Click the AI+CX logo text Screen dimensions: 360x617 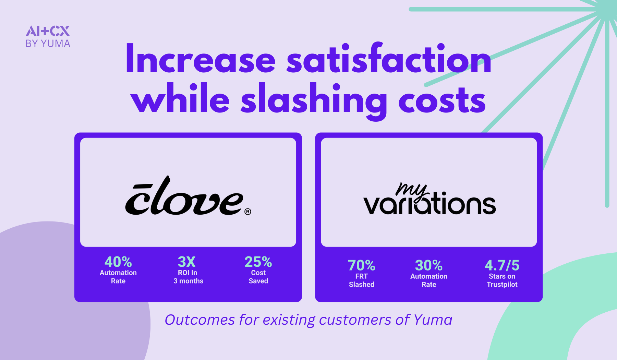[48, 31]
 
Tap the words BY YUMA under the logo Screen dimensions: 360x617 [48, 44]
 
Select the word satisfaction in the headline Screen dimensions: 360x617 [389, 59]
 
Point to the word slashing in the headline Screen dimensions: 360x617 [314, 100]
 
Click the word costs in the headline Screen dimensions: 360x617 [442, 100]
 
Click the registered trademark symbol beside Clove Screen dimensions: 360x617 [248, 212]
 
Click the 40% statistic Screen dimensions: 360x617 [118, 262]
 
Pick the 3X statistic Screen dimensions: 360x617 [187, 262]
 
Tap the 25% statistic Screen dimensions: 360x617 [258, 262]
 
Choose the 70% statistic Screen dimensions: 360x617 [361, 265]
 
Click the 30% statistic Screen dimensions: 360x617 [429, 265]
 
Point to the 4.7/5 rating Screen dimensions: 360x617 [502, 265]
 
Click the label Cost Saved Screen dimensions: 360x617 [258, 277]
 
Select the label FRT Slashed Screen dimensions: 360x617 [361, 280]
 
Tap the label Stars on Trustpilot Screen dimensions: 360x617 [502, 280]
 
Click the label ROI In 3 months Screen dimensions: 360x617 [188, 277]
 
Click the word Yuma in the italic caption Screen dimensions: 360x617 [433, 320]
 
